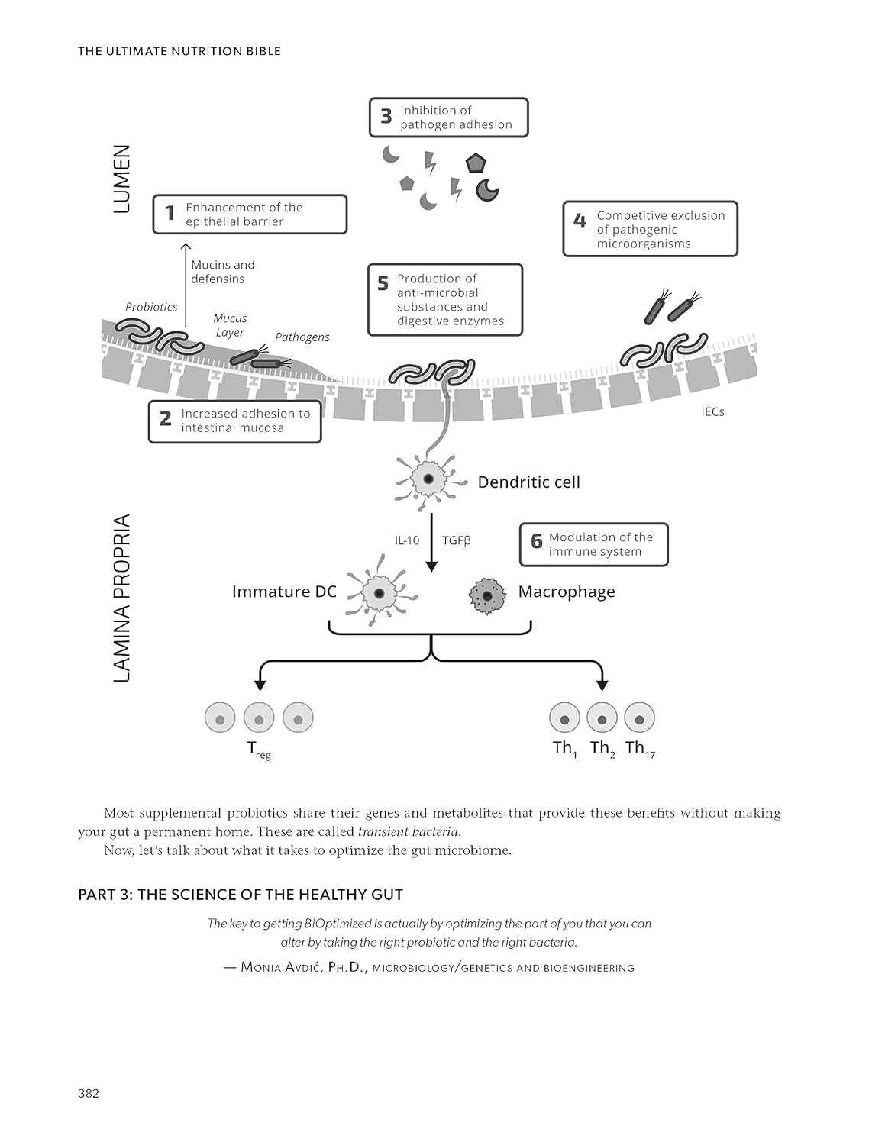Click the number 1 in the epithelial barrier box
170,214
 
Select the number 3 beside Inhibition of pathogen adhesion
386,117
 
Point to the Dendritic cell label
528,482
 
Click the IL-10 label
407,540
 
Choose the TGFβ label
457,540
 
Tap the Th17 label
640,748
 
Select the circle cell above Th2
602,718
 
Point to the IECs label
712,411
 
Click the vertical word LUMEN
122,179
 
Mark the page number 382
89,1093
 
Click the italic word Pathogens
302,337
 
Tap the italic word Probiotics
151,307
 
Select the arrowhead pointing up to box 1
185,247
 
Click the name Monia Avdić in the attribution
280,967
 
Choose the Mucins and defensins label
222,272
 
